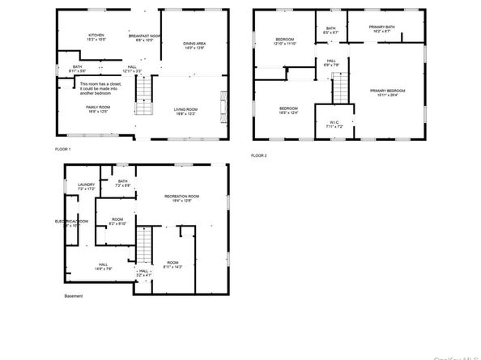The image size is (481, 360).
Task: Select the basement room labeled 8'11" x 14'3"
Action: (172, 265)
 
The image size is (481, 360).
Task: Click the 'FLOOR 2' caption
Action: (259, 155)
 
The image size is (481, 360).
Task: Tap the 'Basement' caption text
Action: (74, 296)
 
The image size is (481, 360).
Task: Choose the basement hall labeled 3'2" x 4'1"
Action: (143, 273)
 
